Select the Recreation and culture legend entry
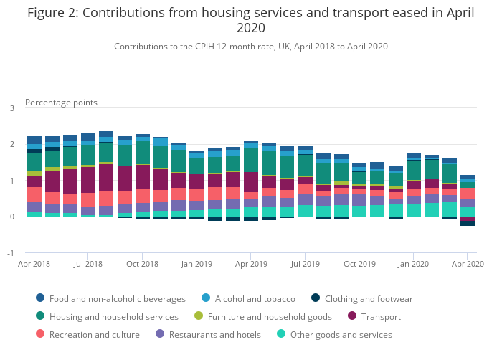(95, 334)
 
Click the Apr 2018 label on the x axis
(34, 264)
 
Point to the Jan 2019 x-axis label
(196, 264)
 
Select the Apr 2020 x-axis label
(467, 264)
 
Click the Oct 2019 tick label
(359, 264)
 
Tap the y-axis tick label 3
(11, 108)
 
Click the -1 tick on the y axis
(10, 253)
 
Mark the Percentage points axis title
(61, 103)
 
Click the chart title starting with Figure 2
(250, 20)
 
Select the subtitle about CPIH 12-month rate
(250, 47)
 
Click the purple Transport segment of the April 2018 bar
(34, 181)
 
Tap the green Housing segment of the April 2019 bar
(251, 159)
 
